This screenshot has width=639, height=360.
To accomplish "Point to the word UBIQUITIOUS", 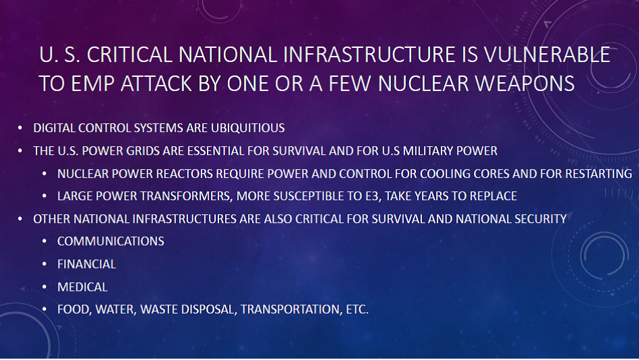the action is click(x=248, y=128).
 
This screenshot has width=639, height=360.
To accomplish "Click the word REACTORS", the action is click(x=185, y=174).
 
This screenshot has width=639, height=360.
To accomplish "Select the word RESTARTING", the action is click(x=599, y=174).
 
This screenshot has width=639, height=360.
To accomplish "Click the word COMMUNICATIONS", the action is click(x=111, y=241).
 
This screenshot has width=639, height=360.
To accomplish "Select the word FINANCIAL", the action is click(x=87, y=264).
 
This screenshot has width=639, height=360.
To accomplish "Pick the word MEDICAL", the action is click(x=83, y=287).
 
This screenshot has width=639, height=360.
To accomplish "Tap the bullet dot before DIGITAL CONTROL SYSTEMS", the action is click(x=20, y=128).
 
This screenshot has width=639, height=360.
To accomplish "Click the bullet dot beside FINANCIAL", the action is click(x=44, y=264).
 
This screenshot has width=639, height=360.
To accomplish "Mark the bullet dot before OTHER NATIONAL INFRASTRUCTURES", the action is click(x=20, y=219).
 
